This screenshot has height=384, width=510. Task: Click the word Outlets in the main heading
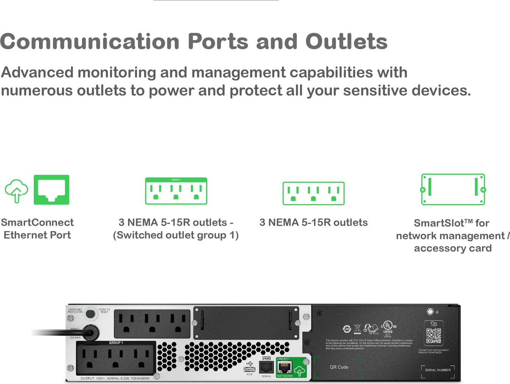click(346, 41)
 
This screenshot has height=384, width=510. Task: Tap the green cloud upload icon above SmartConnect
click(16, 190)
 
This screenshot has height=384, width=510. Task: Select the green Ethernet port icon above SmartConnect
click(52, 190)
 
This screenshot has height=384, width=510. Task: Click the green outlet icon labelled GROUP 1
click(176, 191)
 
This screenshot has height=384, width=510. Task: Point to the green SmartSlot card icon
click(453, 189)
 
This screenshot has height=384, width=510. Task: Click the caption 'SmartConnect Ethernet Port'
click(37, 228)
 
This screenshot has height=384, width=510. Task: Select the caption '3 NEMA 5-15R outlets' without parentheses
click(313, 222)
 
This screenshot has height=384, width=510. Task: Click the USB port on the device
click(249, 369)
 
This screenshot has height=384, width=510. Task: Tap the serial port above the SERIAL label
click(266, 367)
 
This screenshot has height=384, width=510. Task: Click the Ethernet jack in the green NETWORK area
click(285, 367)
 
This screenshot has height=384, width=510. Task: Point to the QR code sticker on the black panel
click(433, 336)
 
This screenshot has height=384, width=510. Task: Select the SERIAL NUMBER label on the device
click(438, 370)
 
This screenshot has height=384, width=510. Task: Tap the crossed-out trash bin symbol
click(357, 329)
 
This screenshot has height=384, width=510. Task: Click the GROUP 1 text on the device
click(116, 343)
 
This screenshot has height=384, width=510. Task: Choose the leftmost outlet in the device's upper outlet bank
click(127, 323)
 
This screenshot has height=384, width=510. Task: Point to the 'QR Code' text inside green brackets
click(339, 367)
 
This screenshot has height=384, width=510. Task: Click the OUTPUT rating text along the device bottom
click(115, 378)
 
